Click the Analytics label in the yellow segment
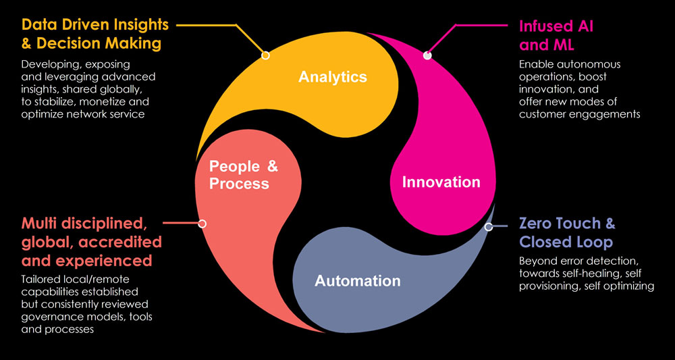(x=332, y=76)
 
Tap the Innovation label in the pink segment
(x=441, y=182)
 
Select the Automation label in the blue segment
(x=357, y=280)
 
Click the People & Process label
(x=243, y=175)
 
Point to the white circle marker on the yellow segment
(x=265, y=55)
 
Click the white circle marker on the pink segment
(x=427, y=55)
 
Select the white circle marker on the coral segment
(x=202, y=223)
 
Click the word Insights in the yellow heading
(x=139, y=26)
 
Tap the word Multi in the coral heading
(x=43, y=224)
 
